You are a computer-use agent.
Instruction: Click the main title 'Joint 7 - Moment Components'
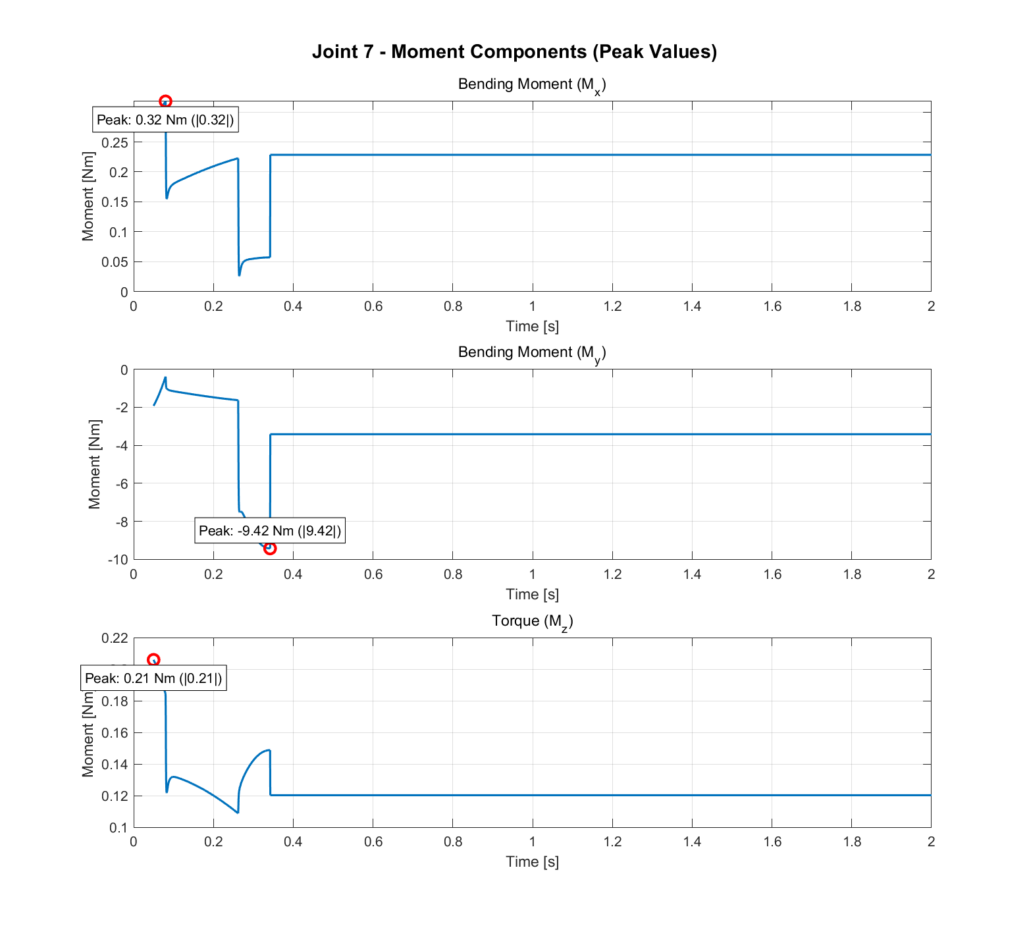pos(514,51)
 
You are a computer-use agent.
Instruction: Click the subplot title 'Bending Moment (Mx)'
pos(531,85)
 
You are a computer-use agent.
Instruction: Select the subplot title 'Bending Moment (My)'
pos(531,353)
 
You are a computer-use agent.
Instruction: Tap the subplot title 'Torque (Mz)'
pos(532,621)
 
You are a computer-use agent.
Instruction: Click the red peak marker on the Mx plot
pos(165,101)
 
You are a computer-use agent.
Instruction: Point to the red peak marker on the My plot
pos(269,548)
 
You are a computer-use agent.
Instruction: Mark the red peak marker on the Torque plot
pos(153,660)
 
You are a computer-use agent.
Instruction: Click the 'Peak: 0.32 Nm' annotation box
pos(165,120)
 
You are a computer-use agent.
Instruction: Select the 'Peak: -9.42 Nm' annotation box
pos(270,531)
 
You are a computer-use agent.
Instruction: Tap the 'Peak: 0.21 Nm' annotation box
pos(153,678)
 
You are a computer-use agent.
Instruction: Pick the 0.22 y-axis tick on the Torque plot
pos(115,638)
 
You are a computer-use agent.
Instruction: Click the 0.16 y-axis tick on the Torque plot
pos(115,733)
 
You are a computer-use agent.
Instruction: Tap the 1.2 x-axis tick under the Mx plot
pos(612,306)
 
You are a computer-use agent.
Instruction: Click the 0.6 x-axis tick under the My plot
pos(373,574)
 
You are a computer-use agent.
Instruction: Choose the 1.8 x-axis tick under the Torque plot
pos(852,842)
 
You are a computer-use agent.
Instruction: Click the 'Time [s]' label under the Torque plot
pos(532,862)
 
